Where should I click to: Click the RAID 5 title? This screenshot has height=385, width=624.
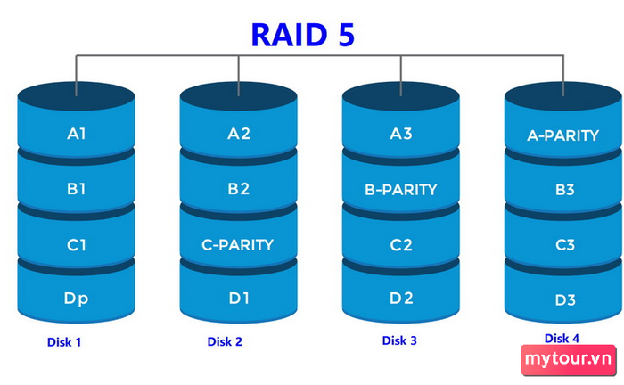(303, 35)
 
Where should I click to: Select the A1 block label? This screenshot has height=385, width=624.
(77, 134)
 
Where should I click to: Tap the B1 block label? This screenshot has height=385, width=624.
(77, 189)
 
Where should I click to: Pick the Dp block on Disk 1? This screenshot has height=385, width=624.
(76, 299)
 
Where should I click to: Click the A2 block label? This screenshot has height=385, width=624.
(239, 134)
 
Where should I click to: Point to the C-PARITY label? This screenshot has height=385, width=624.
(238, 245)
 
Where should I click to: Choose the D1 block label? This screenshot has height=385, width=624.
(239, 299)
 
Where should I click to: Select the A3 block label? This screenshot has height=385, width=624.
(401, 134)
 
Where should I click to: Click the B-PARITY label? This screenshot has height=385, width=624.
(401, 190)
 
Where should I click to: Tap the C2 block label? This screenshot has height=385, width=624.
(401, 245)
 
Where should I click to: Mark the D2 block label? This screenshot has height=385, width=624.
(401, 299)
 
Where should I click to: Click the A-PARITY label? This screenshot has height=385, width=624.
(562, 136)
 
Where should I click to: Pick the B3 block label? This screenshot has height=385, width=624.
(565, 190)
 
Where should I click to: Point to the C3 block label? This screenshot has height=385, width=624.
(565, 245)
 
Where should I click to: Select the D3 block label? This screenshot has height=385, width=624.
(565, 300)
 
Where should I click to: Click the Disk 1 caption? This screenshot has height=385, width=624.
(64, 342)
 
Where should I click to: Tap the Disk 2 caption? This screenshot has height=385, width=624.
(225, 341)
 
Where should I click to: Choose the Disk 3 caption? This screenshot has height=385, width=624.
(399, 340)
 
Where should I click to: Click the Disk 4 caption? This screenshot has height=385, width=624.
(562, 339)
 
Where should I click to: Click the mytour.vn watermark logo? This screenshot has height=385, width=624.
(569, 359)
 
